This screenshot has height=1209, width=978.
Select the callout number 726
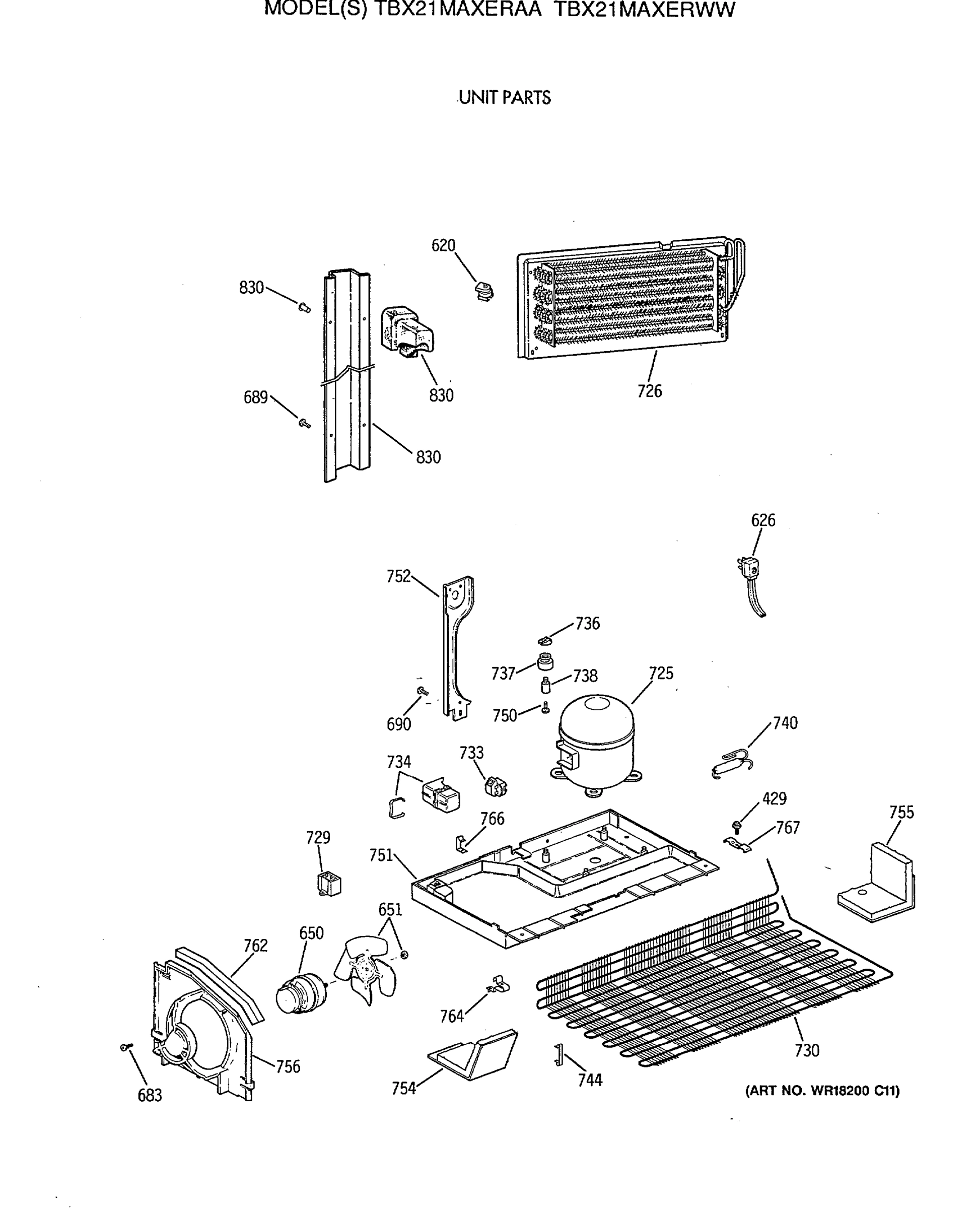pos(649,391)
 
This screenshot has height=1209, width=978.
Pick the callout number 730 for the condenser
pos(806,1050)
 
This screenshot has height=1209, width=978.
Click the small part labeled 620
pos(483,291)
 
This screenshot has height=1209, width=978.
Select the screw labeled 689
pos(304,423)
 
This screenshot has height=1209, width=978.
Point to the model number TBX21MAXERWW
pos(646,10)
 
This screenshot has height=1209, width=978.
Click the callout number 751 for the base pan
pos(381,855)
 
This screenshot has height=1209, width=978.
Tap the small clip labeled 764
pos(499,985)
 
